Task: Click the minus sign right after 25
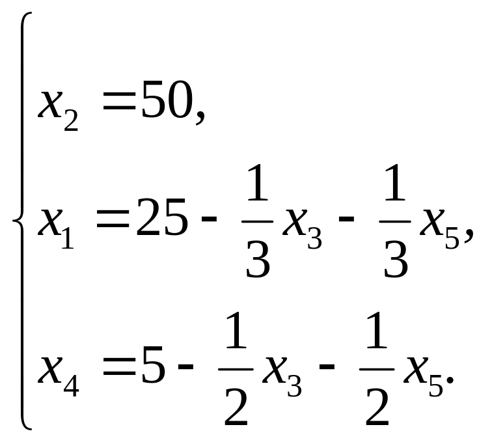209,224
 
